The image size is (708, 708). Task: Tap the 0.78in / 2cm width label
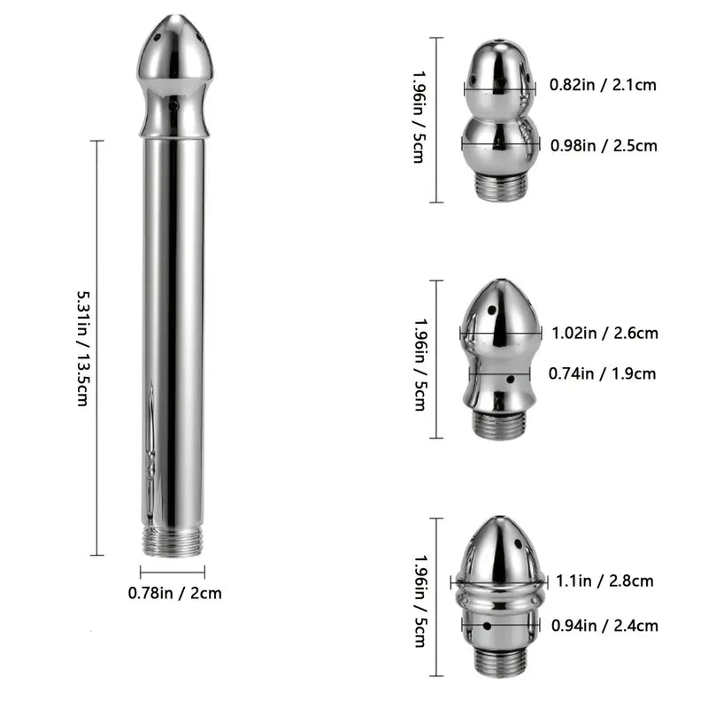[x=175, y=593]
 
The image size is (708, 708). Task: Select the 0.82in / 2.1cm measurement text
[x=604, y=86]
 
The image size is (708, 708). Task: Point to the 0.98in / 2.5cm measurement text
[x=604, y=146]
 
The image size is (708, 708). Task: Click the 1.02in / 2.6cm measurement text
[x=604, y=334]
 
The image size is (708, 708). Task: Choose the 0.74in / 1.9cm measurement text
[x=603, y=373]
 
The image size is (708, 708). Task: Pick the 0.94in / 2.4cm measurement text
[x=604, y=626]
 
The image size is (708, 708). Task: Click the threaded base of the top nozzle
[x=501, y=186]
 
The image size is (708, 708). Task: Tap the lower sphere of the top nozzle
[x=500, y=145]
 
